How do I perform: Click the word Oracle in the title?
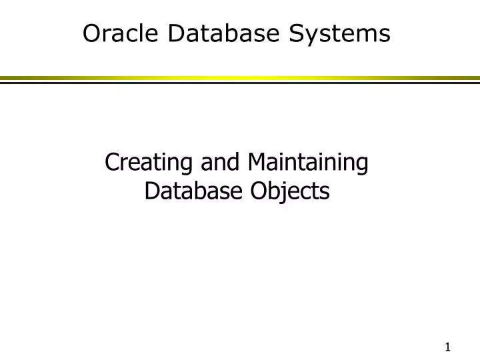[x=122, y=33]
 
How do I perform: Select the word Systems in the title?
[x=349, y=33]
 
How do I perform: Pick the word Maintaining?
[x=307, y=163]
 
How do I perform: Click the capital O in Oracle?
[x=91, y=33]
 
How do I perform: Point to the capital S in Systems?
[x=315, y=33]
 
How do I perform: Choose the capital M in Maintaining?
[x=255, y=163]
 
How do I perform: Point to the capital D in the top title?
[x=176, y=33]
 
